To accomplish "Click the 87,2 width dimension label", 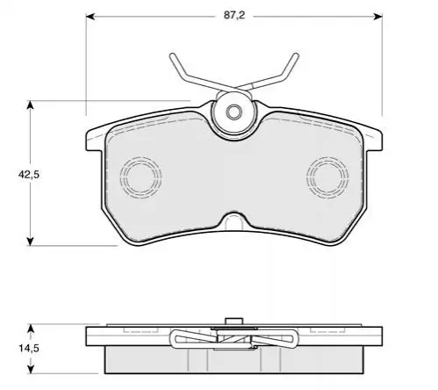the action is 234,16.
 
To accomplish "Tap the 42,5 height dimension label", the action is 29,175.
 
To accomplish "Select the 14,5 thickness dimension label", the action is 29,349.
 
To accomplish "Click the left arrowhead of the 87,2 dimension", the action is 90,17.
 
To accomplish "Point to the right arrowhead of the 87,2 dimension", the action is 378,17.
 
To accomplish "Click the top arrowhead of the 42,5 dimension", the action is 30,105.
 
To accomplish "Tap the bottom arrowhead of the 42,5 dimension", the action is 30,242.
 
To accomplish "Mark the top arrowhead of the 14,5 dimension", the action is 30,329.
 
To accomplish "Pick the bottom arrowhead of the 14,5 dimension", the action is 30,369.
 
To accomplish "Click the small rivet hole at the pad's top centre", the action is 233,112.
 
